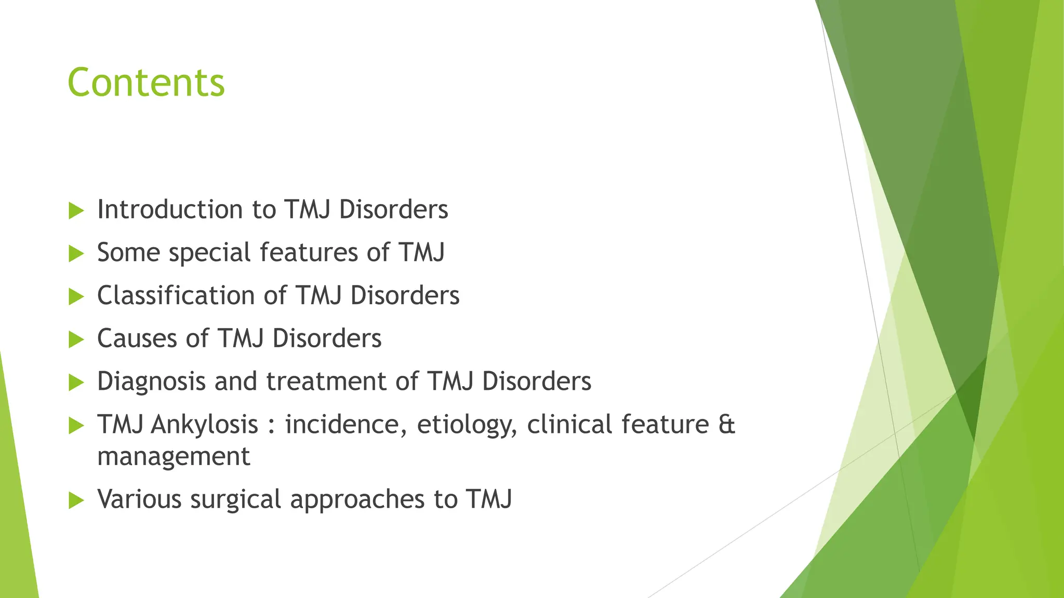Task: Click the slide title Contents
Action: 146,83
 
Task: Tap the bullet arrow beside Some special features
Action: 76,254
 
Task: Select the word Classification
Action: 176,296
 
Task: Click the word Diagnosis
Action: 151,382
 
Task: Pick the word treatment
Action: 326,382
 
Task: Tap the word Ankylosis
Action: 204,425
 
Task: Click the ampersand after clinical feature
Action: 726,424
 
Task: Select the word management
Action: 174,457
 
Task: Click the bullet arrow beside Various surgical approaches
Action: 76,500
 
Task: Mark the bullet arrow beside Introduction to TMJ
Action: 76,211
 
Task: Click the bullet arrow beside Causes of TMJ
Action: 76,339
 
